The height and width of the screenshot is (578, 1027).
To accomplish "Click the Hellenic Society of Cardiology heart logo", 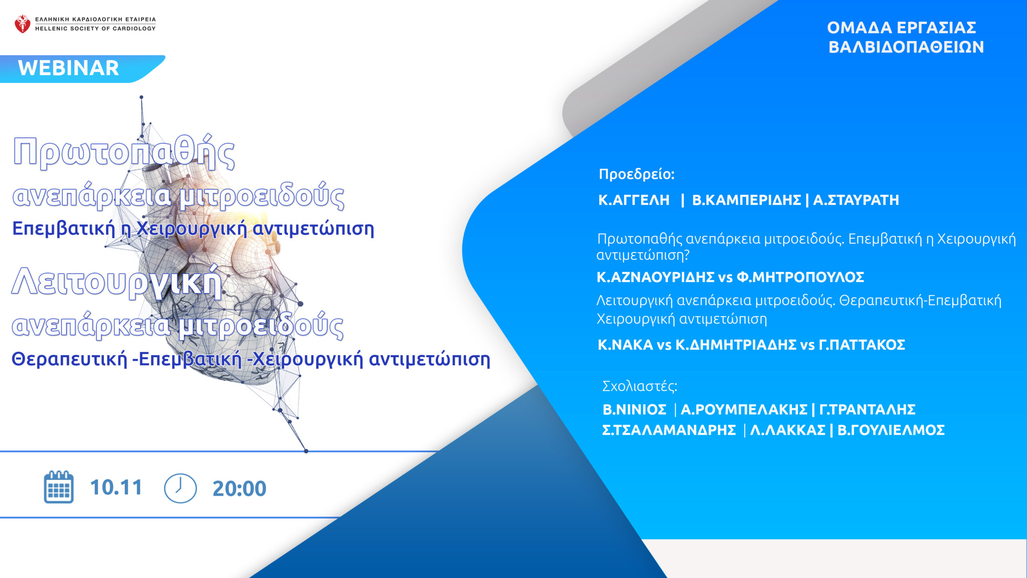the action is [x=22, y=24].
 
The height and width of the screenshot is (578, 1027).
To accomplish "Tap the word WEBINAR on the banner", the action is [x=69, y=68].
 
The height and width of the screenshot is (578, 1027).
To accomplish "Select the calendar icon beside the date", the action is [x=59, y=487].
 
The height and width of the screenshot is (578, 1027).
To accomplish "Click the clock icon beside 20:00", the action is [x=181, y=488].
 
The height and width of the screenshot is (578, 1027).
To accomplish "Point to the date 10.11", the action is [x=116, y=488].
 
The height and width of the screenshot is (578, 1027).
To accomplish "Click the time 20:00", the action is [x=239, y=488].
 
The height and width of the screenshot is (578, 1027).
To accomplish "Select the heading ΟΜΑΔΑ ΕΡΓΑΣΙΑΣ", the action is [x=901, y=28].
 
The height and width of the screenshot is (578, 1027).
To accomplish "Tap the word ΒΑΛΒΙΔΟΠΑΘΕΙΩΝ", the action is [x=906, y=47].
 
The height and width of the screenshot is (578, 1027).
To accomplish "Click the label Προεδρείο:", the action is [x=637, y=174].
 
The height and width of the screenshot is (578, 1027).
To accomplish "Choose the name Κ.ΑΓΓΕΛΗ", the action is [x=634, y=200].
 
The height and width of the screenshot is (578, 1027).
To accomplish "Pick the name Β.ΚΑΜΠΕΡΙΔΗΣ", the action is [x=747, y=200].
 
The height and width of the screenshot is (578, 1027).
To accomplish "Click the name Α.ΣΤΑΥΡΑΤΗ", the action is [x=856, y=200].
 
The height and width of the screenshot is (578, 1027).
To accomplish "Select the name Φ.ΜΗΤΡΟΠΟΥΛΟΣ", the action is [x=800, y=277].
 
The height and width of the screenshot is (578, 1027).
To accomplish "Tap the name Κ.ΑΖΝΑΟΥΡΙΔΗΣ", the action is [x=656, y=277].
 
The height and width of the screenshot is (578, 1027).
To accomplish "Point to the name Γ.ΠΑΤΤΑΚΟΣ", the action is [x=862, y=345].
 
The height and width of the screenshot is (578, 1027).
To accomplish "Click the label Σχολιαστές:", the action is [x=640, y=386].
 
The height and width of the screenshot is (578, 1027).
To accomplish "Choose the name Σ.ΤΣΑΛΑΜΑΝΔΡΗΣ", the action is [x=669, y=430].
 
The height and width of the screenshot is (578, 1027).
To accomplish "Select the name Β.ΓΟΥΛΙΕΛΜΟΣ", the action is [x=891, y=430].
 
